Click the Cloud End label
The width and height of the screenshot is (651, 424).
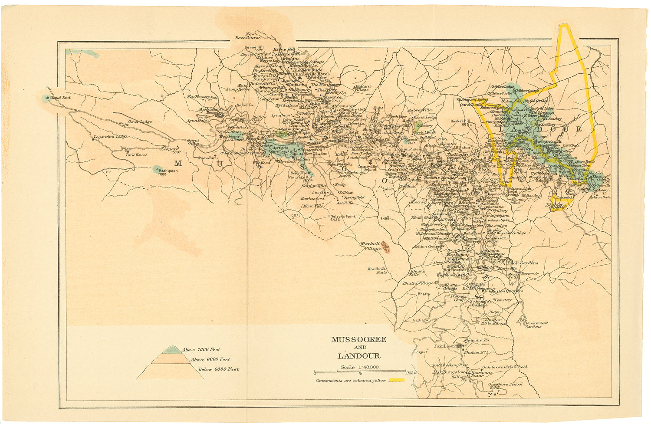(60, 98)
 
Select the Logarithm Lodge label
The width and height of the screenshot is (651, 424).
(110, 137)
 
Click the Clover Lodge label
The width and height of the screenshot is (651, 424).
(140, 122)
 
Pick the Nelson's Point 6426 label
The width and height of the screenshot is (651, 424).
(342, 217)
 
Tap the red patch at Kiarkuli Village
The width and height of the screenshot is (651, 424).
(386, 248)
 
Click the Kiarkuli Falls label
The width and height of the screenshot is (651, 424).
(377, 270)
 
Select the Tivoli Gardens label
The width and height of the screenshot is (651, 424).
(523, 263)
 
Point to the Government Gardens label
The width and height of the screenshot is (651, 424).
(536, 325)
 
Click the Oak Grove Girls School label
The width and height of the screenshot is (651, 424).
(505, 367)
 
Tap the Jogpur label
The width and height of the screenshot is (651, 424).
(421, 352)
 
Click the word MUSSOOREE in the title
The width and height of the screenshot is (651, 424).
(358, 340)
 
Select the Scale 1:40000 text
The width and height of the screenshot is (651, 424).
(360, 367)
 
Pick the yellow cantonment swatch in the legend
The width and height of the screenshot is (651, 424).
(396, 380)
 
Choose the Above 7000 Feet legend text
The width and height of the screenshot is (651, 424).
(201, 349)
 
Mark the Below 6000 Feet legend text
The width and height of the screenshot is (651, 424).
(218, 369)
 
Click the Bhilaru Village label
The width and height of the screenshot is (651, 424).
(362, 88)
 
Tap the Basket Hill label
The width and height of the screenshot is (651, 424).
(460, 122)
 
